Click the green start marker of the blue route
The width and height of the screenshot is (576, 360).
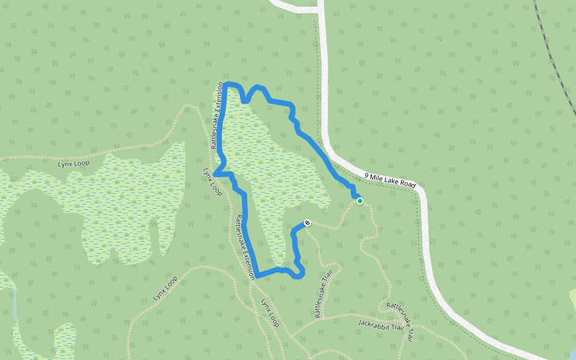click(360, 201)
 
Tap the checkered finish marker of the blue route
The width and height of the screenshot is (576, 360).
click(307, 223)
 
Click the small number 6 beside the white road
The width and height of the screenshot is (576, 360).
click(314, 20)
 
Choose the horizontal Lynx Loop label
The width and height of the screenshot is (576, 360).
click(73, 163)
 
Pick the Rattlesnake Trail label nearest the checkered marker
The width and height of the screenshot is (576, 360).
click(323, 294)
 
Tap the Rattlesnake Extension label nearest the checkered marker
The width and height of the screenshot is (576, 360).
click(245, 246)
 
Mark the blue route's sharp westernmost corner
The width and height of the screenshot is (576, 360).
click(215, 175)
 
